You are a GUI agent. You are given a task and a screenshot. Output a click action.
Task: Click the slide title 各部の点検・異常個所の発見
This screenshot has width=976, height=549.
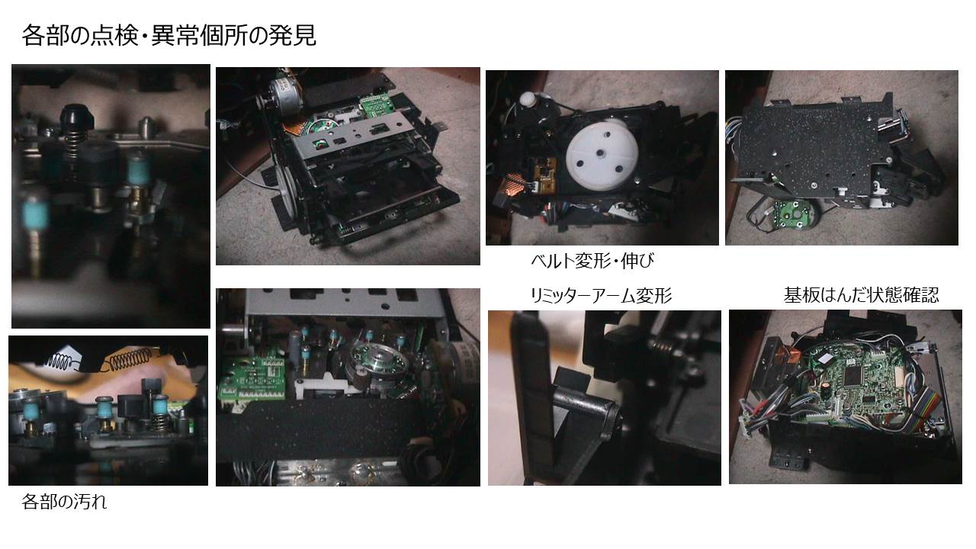169,35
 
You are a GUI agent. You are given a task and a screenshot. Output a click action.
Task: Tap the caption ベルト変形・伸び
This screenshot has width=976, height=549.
592,261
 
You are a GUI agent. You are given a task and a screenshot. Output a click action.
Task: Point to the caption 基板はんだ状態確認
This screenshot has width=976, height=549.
862,295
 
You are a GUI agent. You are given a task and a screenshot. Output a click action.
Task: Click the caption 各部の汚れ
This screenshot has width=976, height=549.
64,502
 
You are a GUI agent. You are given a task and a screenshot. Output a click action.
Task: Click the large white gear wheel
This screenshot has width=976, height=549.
602,155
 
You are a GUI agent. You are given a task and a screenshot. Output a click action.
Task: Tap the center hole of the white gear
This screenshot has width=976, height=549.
600,153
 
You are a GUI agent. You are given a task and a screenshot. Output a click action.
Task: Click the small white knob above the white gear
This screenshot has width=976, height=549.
528,98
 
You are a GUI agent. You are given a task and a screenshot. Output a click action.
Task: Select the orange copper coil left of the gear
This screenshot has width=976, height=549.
514,185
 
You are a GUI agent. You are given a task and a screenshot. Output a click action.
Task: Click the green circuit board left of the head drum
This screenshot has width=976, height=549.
254,378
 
